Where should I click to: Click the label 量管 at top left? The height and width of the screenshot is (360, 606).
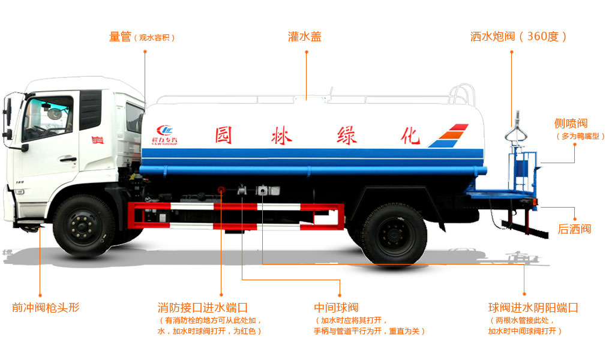pos(120,37)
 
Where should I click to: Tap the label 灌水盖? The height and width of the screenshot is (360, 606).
pos(305,37)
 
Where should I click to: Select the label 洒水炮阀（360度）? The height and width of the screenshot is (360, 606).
pos(518,37)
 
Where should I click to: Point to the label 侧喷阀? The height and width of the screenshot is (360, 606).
pos(571,124)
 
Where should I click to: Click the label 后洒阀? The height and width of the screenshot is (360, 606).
pos(574,229)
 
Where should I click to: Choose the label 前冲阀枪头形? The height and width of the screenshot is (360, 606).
pos(46,308)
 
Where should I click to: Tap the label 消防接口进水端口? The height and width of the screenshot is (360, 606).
pos(203,308)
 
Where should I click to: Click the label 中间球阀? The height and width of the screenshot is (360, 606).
pos(336,308)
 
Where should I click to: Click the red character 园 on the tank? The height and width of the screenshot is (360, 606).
pos(224,135)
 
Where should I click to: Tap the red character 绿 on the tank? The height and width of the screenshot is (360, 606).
pos(347,135)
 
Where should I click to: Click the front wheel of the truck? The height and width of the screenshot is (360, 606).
pos(84,226)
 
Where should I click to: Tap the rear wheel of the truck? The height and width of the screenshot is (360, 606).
pos(394,235)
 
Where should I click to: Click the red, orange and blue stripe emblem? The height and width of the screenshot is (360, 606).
pos(449,136)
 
